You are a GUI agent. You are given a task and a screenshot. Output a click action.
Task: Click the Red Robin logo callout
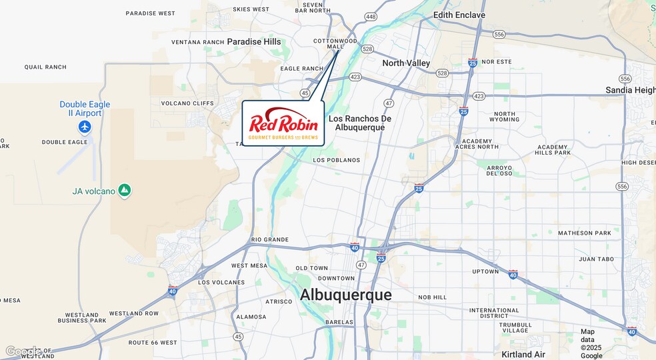[x=283, y=123]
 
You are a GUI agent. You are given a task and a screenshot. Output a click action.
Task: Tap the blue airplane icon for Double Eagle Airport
[x=85, y=126]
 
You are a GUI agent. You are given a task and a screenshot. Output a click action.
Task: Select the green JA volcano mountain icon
[x=125, y=191]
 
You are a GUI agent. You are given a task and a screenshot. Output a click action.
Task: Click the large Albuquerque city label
[x=345, y=295]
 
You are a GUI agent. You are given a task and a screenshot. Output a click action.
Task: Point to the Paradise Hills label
[x=254, y=41]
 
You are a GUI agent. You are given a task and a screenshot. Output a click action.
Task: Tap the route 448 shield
[x=371, y=16]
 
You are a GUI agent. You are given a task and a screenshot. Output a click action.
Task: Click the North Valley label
[x=406, y=63]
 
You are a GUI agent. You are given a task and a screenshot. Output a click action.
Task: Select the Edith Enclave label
[x=459, y=15]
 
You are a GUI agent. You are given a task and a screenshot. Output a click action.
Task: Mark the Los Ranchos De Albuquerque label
[x=360, y=123]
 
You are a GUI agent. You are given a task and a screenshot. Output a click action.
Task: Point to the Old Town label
[x=312, y=268]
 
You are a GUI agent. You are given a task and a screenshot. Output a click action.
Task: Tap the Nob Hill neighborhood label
[x=433, y=297]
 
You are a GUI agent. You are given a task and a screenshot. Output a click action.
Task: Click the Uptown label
[x=485, y=271]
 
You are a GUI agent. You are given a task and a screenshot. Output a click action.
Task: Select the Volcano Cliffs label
[x=187, y=103]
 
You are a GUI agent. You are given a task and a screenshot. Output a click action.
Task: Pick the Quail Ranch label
[x=45, y=67]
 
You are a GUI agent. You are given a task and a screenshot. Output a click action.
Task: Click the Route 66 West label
[x=153, y=343]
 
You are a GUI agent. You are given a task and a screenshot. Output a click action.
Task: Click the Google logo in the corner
[x=21, y=351]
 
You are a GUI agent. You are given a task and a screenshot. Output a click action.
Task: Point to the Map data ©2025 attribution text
[x=591, y=343]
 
